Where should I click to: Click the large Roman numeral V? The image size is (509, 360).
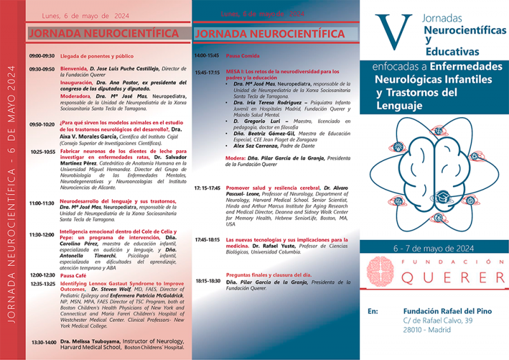tap(389, 32)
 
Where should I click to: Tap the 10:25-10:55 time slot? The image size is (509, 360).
tap(42, 152)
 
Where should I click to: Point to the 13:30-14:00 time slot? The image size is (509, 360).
tap(43, 342)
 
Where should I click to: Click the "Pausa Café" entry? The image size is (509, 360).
tap(74, 275)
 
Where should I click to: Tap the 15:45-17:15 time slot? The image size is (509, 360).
tap(207, 73)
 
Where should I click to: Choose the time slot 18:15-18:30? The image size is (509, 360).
tap(207, 280)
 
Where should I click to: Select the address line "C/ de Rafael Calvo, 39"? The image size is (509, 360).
tap(438, 321)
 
